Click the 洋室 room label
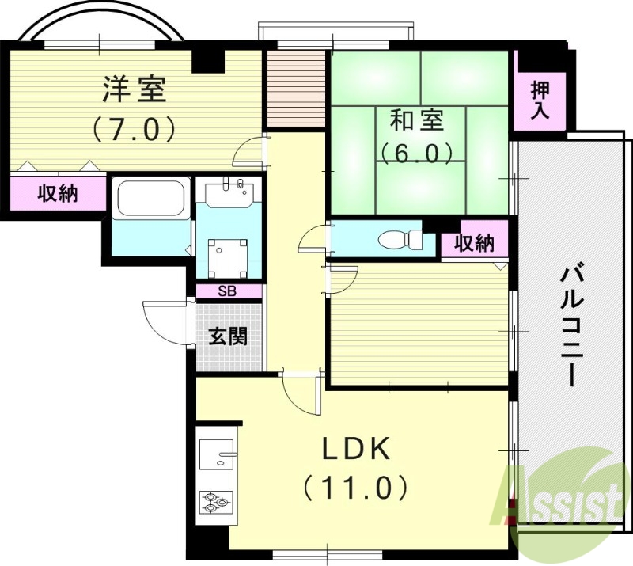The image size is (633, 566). tap(133, 89)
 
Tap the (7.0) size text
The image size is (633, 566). tap(133, 128)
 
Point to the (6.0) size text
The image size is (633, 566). tap(416, 150)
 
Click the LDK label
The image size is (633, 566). tap(355, 450)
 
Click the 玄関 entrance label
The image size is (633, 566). tap(228, 336)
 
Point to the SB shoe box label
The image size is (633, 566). tap(228, 291)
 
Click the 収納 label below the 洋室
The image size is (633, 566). tap(58, 192)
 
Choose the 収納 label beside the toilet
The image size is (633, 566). tap(475, 244)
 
